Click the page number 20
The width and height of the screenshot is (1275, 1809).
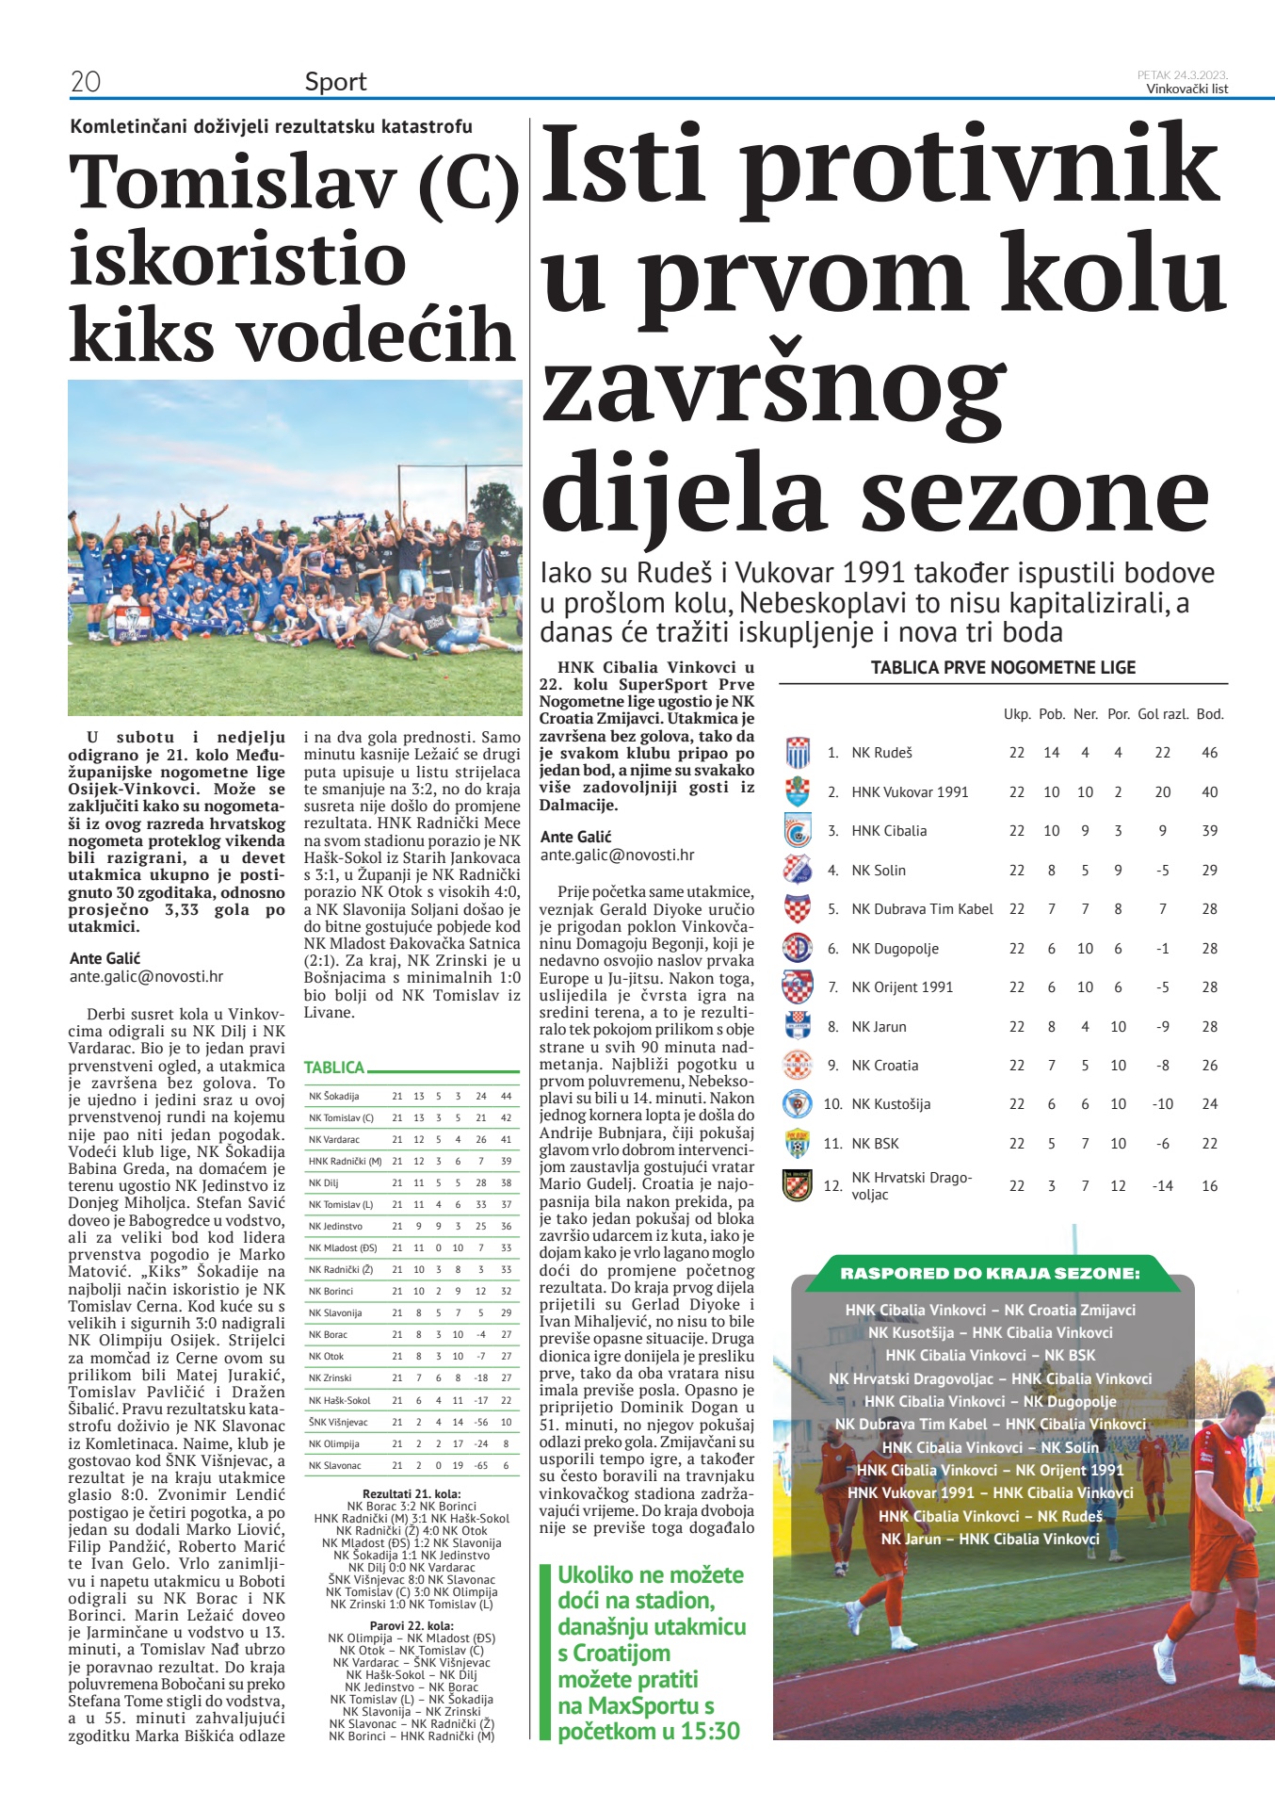click(86, 82)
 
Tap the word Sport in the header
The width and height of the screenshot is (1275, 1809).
click(335, 82)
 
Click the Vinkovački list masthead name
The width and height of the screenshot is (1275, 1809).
click(1186, 89)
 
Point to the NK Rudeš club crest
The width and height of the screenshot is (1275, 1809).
click(798, 753)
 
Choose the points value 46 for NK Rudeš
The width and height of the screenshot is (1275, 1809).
click(1209, 753)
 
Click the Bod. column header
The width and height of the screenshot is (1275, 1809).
click(1210, 714)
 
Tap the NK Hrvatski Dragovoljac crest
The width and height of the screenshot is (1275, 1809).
click(798, 1184)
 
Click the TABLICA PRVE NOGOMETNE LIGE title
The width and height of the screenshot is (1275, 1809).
click(1003, 667)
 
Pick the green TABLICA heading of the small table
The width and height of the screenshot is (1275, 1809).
click(334, 1067)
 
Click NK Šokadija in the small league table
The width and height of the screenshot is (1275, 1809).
click(334, 1096)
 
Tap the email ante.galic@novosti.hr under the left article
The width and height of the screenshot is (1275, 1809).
click(147, 976)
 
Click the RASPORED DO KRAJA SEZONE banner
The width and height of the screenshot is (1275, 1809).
click(990, 1273)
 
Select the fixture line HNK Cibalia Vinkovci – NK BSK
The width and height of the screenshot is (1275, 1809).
click(991, 1355)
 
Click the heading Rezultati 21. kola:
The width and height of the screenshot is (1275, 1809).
click(412, 1493)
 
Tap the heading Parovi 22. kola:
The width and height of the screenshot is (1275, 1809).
click(412, 1625)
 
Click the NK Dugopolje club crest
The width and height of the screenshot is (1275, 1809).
click(798, 948)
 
